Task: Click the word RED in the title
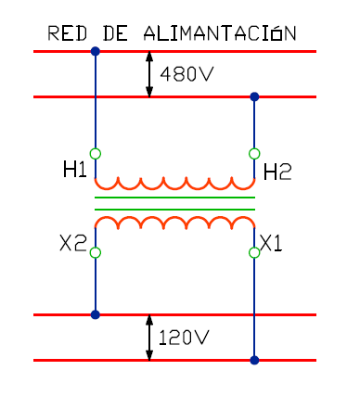[68, 33]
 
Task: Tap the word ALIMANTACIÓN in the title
[220, 33]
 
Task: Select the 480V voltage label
[186, 74]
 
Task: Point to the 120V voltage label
[184, 338]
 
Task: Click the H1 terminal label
[75, 170]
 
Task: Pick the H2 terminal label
[277, 172]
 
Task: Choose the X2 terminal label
[73, 243]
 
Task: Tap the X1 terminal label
[271, 243]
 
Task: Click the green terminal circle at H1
[96, 154]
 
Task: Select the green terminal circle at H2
[254, 154]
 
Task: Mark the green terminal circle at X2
[96, 252]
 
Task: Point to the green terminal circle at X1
[254, 252]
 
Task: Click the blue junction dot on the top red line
[96, 51]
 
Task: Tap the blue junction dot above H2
[254, 96]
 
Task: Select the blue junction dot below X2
[96, 314]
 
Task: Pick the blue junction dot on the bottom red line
[254, 360]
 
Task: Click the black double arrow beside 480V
[149, 74]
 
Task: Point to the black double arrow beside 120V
[149, 338]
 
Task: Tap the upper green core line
[174, 198]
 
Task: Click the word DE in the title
[115, 33]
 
